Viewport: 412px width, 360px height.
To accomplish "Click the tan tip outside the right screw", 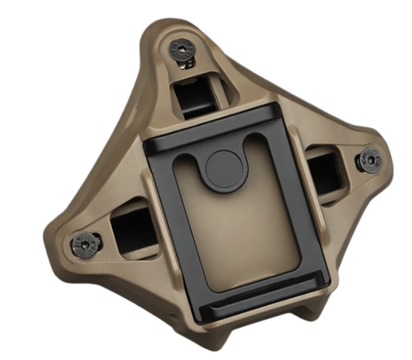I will click(x=386, y=158).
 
